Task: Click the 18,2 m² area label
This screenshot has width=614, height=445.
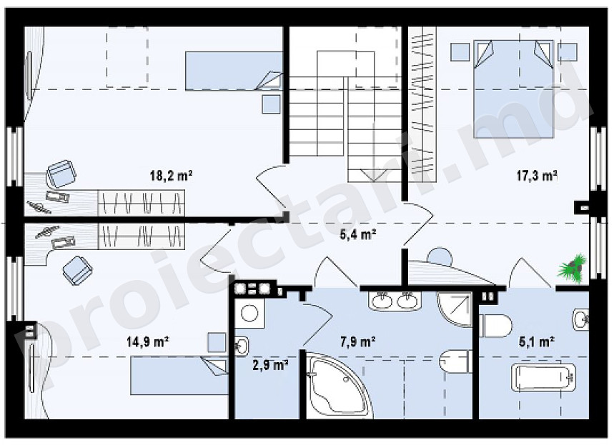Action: [171, 175]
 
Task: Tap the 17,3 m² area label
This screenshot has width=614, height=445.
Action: [537, 176]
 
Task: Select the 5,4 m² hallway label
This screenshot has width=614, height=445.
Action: [358, 235]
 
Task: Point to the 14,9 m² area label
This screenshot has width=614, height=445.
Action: [148, 342]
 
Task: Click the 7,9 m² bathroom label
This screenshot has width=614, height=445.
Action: [357, 342]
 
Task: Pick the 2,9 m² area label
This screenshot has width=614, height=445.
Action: [271, 366]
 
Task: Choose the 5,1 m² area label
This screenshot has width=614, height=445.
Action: [537, 342]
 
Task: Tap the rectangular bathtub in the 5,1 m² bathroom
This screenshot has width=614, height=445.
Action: [543, 377]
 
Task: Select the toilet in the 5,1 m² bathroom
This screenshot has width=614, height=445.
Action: [496, 326]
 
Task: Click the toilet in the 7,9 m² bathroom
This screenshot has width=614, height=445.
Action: [455, 361]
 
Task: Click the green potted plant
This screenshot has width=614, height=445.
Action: [572, 268]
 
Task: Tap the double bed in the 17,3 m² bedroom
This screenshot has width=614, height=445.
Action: [514, 89]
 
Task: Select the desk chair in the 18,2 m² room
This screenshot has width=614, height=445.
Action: [61, 174]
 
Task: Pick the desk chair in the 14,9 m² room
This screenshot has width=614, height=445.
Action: [77, 270]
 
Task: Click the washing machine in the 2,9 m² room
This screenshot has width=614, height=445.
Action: [249, 314]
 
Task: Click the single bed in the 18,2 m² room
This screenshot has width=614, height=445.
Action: [234, 71]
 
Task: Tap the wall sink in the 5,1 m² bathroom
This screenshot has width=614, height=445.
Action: [580, 320]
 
